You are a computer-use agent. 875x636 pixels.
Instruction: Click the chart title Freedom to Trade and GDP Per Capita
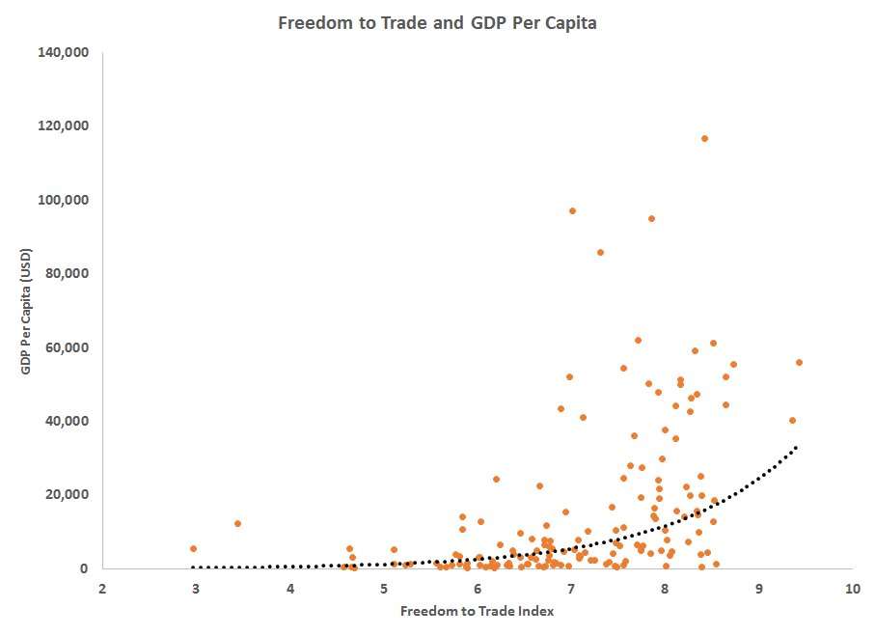point(437,23)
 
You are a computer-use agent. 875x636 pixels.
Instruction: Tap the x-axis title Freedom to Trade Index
point(477,610)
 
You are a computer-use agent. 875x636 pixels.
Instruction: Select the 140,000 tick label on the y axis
point(63,52)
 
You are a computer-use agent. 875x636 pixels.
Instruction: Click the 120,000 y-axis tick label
point(63,125)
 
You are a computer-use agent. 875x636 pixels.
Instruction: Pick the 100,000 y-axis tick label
point(63,200)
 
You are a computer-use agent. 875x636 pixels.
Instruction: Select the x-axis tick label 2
point(101,588)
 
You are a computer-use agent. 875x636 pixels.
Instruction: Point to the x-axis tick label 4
point(289,588)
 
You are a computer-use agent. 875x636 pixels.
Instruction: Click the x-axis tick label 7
point(570,588)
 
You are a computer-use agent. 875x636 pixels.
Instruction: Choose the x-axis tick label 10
point(852,588)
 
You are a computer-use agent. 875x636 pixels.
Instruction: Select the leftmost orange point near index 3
point(194,548)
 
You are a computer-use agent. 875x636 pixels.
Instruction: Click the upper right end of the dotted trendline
point(796,448)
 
